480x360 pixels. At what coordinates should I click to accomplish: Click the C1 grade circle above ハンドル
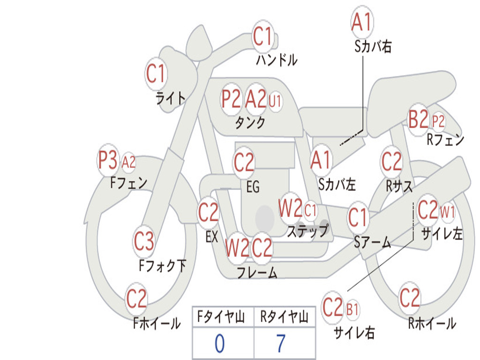pos(262,36)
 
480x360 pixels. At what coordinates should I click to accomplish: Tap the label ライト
pos(171,98)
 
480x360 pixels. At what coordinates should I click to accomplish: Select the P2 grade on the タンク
pos(231,99)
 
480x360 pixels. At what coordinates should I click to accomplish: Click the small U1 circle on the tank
pos(275,100)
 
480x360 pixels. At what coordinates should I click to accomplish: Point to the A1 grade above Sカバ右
pos(361,22)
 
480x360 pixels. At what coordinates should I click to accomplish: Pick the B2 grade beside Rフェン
pos(418,120)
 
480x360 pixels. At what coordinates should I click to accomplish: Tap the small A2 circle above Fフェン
pos(128,163)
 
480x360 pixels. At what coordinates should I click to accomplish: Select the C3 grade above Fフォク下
pos(144,241)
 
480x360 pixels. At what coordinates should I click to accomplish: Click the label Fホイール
pos(157,323)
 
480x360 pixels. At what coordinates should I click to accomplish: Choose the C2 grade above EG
pos(244,163)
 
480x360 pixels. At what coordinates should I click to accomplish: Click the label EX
pos(212,237)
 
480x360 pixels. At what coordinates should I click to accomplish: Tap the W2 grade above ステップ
pos(290,209)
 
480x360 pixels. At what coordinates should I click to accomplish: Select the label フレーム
pos(257,272)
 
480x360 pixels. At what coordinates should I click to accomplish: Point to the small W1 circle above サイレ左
pos(447,212)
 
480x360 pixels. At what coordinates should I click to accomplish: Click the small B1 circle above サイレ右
pos(352,309)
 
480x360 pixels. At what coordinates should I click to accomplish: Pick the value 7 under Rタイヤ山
pos(280,344)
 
